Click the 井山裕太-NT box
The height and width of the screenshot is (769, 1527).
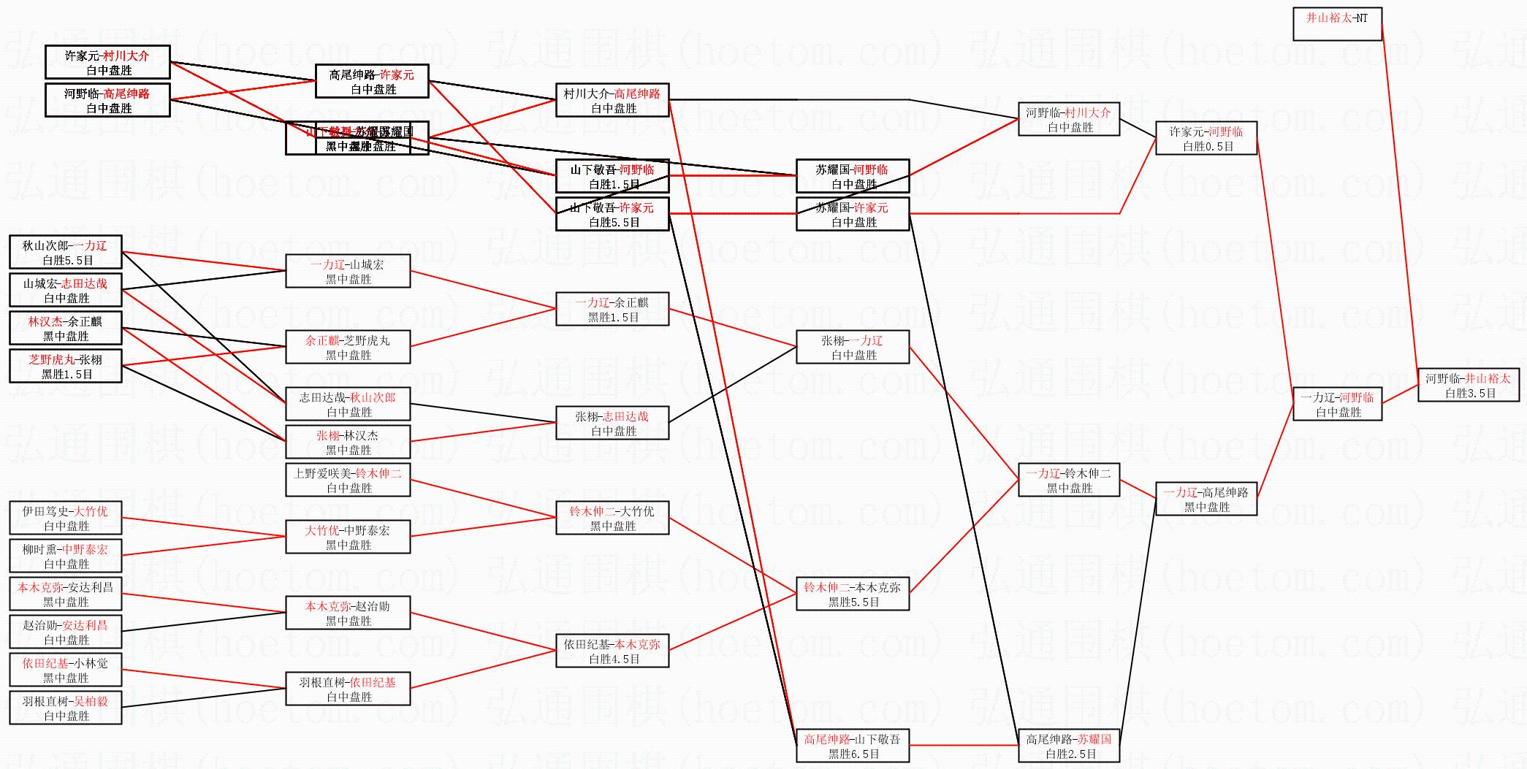point(1337,24)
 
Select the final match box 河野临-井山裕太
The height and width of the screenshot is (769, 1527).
point(1469,385)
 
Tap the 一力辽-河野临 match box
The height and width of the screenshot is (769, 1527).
point(1337,404)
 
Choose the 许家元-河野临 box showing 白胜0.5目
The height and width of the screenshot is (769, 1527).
point(1206,138)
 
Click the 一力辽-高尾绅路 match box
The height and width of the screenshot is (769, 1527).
point(1206,499)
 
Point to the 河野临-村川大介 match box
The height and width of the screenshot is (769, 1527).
point(1069,119)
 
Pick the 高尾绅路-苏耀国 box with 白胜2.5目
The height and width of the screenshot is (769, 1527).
point(1069,746)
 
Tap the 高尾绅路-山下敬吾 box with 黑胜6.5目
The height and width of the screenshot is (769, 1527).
point(853,746)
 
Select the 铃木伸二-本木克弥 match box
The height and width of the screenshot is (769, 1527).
point(853,594)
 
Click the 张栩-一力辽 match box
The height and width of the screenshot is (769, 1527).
point(853,347)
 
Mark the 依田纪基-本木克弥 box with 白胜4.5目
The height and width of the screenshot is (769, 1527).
point(612,651)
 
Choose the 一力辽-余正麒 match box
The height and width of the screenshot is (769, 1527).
point(612,309)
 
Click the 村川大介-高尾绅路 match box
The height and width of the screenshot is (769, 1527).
point(612,100)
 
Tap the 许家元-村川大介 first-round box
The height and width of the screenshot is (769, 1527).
point(107,62)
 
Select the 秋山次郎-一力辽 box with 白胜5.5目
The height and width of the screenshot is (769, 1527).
point(66,252)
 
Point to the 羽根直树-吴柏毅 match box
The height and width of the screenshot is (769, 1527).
point(66,708)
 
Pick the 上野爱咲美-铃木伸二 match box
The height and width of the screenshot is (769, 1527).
point(348,480)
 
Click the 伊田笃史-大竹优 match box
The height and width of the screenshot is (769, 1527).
point(66,518)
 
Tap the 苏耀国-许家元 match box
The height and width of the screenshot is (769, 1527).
point(853,214)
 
